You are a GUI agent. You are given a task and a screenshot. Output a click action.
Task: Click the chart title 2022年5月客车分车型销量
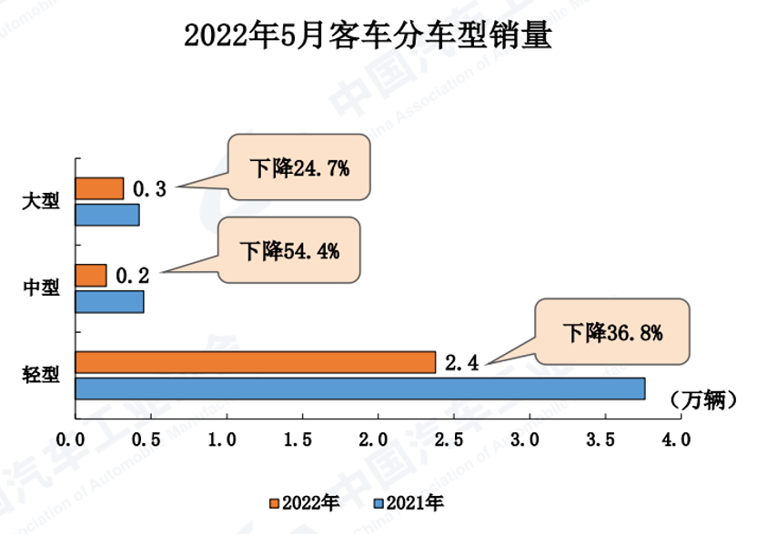pos(368,37)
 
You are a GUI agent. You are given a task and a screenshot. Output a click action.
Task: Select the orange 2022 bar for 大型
pos(99,188)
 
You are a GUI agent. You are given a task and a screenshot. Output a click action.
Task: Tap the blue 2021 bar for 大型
pos(107,215)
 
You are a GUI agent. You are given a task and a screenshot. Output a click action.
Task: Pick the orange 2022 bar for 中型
pos(91,275)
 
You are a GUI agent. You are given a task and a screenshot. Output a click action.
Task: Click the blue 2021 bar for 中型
pos(109,301)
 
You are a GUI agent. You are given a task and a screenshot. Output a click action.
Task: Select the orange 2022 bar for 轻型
pos(255,362)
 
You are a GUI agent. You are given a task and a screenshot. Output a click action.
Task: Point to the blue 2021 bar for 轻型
pos(359,389)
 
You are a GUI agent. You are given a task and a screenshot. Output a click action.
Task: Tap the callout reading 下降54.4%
pos(289,251)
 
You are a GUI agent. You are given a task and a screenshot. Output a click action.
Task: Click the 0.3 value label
pos(149,189)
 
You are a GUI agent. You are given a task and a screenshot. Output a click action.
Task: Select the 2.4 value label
pos(461,362)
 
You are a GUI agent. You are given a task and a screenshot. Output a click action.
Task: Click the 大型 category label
pos(41,201)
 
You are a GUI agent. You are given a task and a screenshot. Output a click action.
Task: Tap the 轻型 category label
pos(41,374)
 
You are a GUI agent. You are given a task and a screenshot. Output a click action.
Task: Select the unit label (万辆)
pos(701,399)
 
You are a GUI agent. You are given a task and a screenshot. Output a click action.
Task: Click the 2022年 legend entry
pos(306,502)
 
